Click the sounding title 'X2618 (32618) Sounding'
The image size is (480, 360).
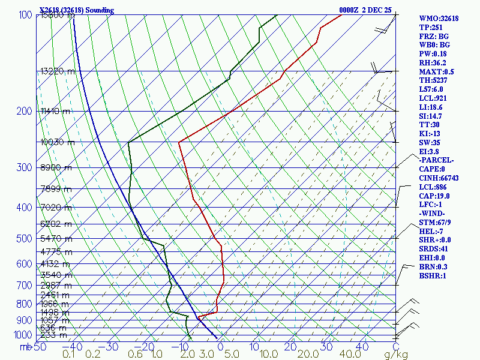[x=73, y=10]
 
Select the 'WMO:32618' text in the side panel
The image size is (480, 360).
[x=439, y=19]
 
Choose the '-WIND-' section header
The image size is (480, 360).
[x=432, y=214]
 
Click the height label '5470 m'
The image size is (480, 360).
[x=56, y=239]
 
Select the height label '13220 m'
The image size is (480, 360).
[x=58, y=71]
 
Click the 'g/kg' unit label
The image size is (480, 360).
[x=395, y=355]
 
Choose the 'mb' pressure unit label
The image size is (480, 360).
[x=25, y=347]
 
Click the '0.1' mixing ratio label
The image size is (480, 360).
[x=68, y=355]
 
